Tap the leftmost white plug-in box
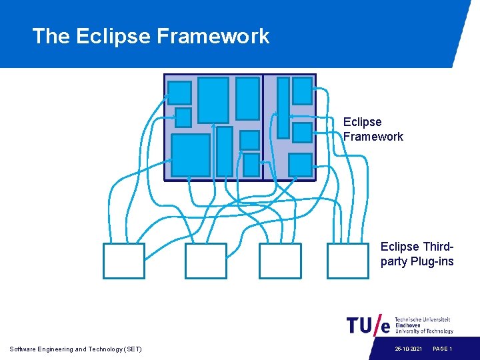pyautogui.click(x=124, y=261)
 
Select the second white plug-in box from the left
pyautogui.click(x=206, y=261)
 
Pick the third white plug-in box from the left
pyautogui.click(x=280, y=261)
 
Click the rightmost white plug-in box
pyautogui.click(x=348, y=261)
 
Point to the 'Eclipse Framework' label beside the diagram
pyautogui.click(x=373, y=129)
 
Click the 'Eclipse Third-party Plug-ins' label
pyautogui.click(x=417, y=254)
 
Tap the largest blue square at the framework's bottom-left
pyautogui.click(x=191, y=155)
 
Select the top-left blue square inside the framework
pyautogui.click(x=179, y=93)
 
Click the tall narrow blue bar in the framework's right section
pyautogui.click(x=283, y=107)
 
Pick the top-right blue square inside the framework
pyautogui.click(x=302, y=91)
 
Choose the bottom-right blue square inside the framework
pyautogui.click(x=300, y=165)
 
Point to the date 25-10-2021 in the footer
pyautogui.click(x=407, y=349)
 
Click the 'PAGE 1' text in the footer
pyautogui.click(x=443, y=349)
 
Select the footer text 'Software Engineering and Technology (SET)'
pyautogui.click(x=76, y=349)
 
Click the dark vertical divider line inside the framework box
pyautogui.click(x=263, y=127)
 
